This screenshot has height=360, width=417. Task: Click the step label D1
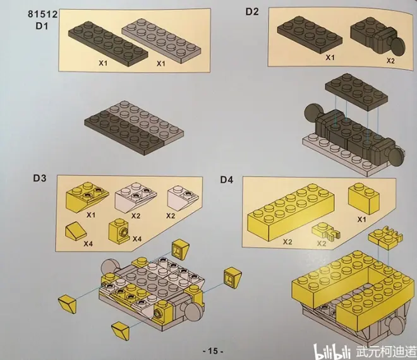(42, 26)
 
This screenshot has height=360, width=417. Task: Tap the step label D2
(252, 12)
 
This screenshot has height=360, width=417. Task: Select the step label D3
(40, 178)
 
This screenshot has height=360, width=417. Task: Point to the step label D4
(227, 180)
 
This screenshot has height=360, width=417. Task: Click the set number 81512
(42, 14)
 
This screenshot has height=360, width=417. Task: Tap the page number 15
(213, 351)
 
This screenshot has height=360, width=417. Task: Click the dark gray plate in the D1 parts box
(107, 42)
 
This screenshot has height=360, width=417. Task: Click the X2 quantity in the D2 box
(390, 61)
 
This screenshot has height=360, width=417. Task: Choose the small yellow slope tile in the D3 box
(76, 231)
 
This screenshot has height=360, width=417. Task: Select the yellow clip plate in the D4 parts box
(326, 231)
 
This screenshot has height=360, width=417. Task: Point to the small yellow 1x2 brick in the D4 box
(364, 199)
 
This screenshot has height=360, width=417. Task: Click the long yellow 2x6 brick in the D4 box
(291, 213)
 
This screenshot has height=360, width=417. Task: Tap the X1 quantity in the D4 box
(361, 220)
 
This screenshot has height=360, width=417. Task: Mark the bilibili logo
(334, 351)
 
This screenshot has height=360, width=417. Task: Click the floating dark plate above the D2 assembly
(356, 92)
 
